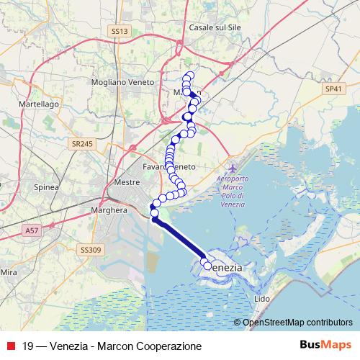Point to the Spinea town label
pos(47,186)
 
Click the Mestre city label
pos(127,183)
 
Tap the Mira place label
pos(9,272)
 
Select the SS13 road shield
pos(120,32)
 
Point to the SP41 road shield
pos(333,87)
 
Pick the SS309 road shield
pos(90,249)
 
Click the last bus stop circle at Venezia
pos(209,266)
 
